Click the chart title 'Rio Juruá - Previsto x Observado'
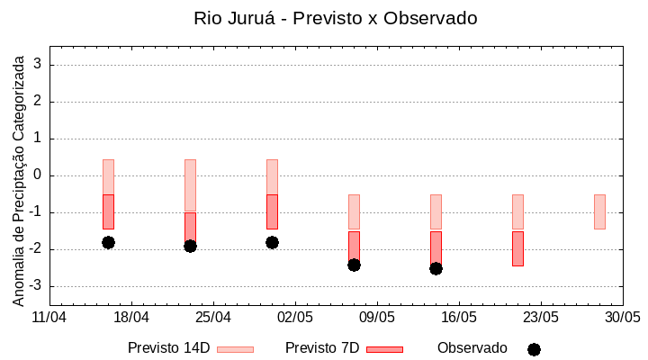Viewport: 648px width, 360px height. pyautogui.click(x=335, y=18)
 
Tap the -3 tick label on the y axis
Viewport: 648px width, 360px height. pyautogui.click(x=36, y=286)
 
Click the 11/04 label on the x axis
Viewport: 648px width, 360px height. pyautogui.click(x=49, y=318)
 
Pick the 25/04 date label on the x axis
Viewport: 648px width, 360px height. pyautogui.click(x=213, y=318)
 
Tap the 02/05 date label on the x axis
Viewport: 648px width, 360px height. pyautogui.click(x=295, y=318)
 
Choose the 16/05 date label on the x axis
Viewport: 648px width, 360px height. pyautogui.click(x=459, y=318)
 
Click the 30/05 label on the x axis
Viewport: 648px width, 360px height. pyautogui.click(x=623, y=318)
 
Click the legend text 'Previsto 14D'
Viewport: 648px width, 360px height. pyautogui.click(x=168, y=348)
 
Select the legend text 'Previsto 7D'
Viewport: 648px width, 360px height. pyautogui.click(x=321, y=348)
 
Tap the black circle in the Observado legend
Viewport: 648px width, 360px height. pyautogui.click(x=534, y=349)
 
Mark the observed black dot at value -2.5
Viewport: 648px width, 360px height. pyautogui.click(x=436, y=268)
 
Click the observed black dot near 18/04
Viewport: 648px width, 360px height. pyautogui.click(x=108, y=242)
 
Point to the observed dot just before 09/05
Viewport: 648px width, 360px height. pyautogui.click(x=354, y=265)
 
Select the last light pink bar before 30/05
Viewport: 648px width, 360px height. pyautogui.click(x=599, y=211)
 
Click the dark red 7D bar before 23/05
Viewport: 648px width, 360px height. pyautogui.click(x=517, y=248)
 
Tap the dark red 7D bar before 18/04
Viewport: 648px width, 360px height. pyautogui.click(x=108, y=211)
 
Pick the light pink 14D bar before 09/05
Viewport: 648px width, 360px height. pyautogui.click(x=354, y=211)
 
